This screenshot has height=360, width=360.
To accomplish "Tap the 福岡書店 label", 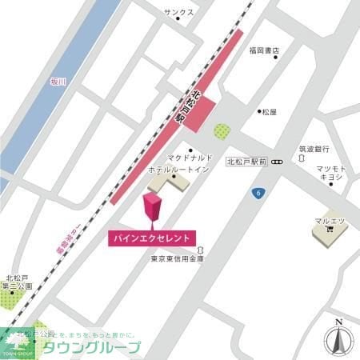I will point(263,51).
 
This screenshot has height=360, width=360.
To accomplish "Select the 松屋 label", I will point(270,113).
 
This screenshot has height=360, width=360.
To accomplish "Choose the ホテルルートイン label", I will point(178,170).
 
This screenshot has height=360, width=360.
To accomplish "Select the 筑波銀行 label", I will point(314,149).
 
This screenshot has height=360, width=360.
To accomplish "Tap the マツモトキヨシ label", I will point(330,173).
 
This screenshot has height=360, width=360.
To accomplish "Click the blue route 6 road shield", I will point(258,194).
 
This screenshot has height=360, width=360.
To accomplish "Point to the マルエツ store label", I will point(330,219).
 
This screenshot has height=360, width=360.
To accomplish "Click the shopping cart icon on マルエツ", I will point(330,230).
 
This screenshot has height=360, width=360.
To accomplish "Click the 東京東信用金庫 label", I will point(178,258).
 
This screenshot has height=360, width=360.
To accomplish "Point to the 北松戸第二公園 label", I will point(18,281).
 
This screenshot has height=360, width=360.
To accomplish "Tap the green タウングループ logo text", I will point(92,347).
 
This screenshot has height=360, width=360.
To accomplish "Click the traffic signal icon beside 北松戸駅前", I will point(277,162).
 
